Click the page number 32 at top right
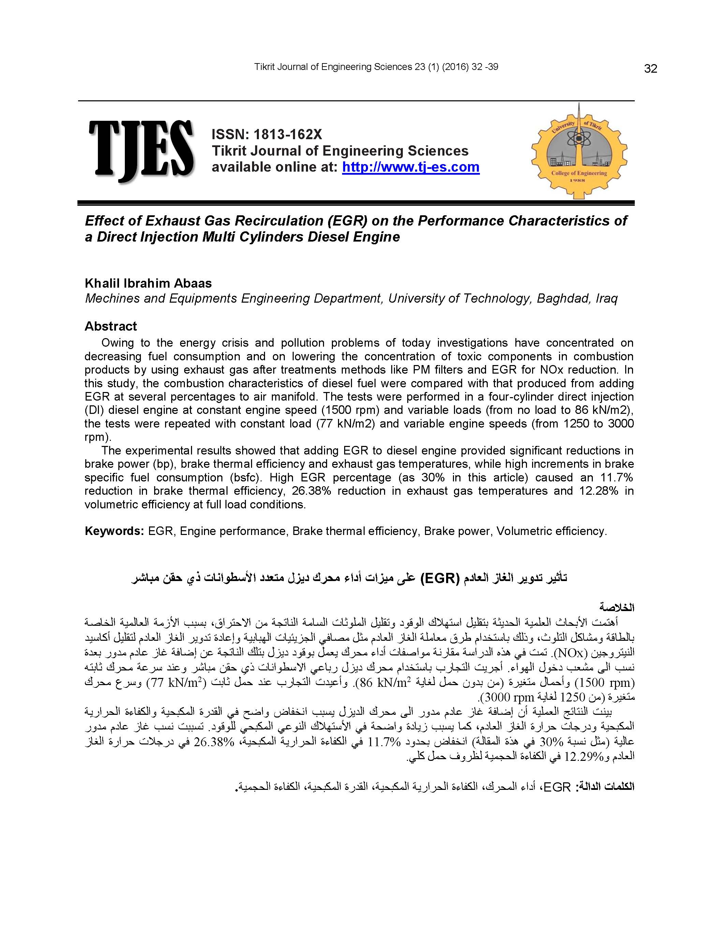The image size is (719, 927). tap(650, 69)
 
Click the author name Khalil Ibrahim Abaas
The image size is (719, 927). tap(148, 283)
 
